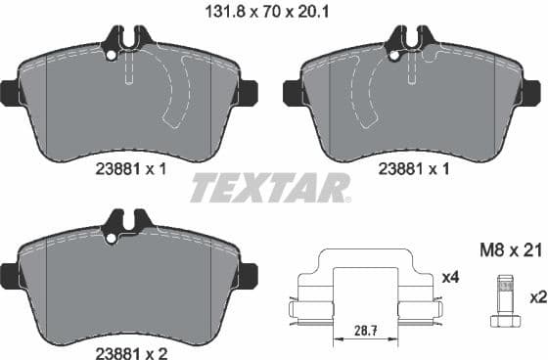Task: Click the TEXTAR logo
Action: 269,186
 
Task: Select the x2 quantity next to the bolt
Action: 537,295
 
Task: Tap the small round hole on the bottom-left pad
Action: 111,237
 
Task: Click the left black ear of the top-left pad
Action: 8,92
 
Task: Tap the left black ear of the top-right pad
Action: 292,92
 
